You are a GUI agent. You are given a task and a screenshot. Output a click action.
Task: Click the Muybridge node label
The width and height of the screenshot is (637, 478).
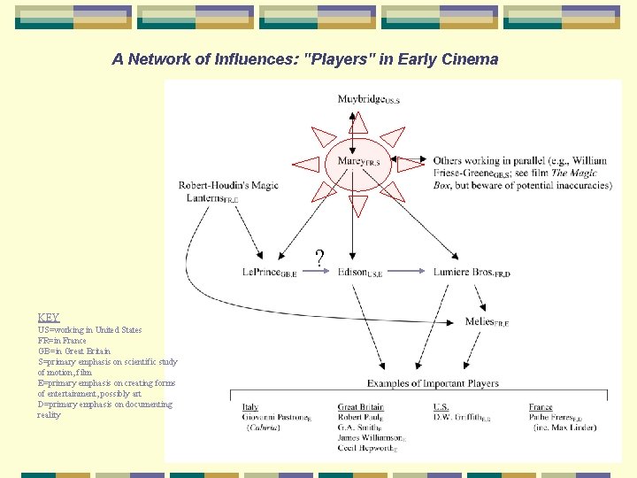tap(367, 99)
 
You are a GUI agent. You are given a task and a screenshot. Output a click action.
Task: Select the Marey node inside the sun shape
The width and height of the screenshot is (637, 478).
tap(357, 161)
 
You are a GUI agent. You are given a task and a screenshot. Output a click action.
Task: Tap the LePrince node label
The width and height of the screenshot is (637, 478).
tap(269, 273)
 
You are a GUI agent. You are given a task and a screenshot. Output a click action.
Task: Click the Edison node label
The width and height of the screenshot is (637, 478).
tap(359, 273)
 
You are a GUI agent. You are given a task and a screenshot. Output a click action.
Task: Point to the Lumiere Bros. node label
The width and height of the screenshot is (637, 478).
tap(472, 273)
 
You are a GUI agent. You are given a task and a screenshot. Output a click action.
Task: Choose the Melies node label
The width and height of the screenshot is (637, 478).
tap(487, 321)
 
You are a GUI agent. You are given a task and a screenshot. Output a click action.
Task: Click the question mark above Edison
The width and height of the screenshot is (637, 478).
tap(319, 258)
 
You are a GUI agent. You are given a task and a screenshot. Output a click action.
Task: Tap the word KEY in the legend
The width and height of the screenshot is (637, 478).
tap(49, 318)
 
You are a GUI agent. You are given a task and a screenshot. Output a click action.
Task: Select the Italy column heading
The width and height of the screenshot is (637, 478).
tap(250, 408)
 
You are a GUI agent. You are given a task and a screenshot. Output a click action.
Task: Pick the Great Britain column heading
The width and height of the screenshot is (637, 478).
tap(361, 408)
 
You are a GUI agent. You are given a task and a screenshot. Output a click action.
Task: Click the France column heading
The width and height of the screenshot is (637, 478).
tap(541, 408)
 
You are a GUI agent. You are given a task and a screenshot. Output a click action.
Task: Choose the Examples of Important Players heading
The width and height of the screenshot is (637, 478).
tap(434, 383)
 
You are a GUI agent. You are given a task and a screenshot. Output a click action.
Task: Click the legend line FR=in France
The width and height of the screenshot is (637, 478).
tap(62, 340)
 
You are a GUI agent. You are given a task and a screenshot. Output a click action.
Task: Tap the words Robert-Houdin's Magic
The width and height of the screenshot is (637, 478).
tap(228, 185)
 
